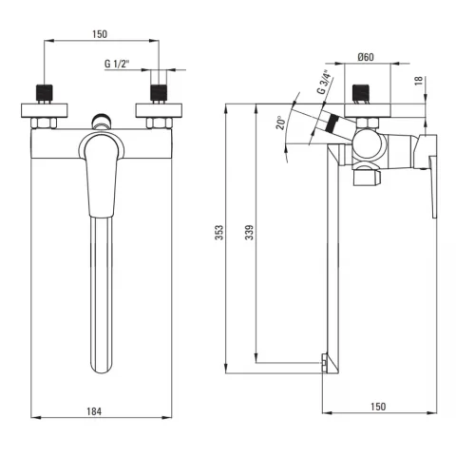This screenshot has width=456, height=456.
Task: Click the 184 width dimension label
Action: click(x=94, y=411)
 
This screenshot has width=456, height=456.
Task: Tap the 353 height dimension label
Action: click(x=219, y=233)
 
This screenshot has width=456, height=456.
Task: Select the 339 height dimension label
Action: click(x=250, y=233)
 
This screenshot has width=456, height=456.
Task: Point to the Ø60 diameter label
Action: click(x=366, y=57)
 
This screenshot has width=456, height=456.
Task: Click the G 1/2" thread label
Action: click(x=117, y=64)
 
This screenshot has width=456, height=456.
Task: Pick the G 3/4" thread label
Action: click(x=325, y=82)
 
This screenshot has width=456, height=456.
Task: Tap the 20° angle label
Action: click(x=280, y=123)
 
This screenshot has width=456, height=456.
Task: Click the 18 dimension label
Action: click(x=419, y=81)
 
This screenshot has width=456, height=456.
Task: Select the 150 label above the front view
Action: click(x=100, y=34)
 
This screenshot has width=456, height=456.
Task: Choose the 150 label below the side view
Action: click(x=378, y=407)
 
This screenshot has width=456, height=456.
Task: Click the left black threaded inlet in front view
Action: click(x=45, y=92)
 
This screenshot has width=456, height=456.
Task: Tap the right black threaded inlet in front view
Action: click(x=159, y=92)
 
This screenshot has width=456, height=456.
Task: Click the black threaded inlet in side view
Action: click(x=361, y=92)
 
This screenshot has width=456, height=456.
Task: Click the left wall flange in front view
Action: click(x=45, y=110)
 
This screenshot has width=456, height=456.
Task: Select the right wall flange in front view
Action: click(x=159, y=110)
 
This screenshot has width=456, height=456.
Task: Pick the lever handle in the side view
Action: click(x=432, y=187)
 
